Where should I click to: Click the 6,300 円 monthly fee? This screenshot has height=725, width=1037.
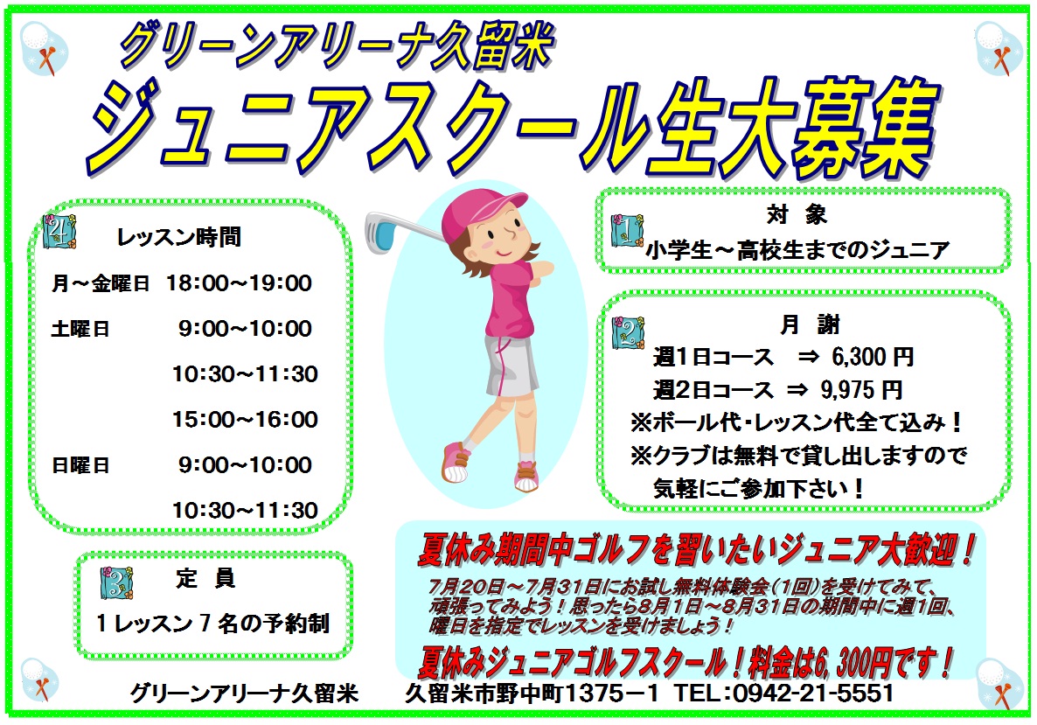[x=873, y=357]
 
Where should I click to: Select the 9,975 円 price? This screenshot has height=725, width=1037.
[x=861, y=390]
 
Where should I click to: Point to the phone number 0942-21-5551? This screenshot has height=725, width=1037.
[x=813, y=693]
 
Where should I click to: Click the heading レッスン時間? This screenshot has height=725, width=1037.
[x=178, y=237]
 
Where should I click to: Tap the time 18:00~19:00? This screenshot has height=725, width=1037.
[x=239, y=283]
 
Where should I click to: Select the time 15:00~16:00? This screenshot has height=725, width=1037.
[x=246, y=420]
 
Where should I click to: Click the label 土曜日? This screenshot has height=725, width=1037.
[x=80, y=329]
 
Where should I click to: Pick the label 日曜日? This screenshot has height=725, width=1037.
[x=80, y=465]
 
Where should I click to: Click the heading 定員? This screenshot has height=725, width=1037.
[x=205, y=578]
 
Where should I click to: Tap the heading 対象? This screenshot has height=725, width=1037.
[x=797, y=214]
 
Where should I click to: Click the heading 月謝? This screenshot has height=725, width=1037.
[x=810, y=324]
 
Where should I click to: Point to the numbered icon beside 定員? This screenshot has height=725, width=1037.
[x=117, y=582]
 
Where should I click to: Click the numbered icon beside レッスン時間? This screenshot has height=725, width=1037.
[x=59, y=231]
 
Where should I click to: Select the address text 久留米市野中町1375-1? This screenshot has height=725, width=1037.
[x=532, y=693]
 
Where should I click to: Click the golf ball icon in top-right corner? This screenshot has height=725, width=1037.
[x=999, y=47]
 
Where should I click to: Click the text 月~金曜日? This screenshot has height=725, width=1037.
[x=100, y=283]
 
